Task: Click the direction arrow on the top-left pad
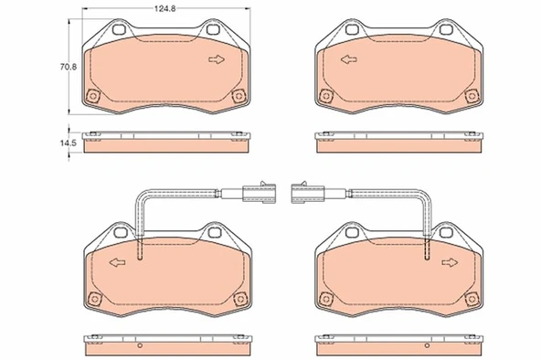217,60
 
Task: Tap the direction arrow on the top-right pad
348,60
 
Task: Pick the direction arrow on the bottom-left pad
117,263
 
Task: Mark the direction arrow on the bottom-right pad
449,263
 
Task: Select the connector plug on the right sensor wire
306,192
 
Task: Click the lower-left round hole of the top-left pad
90,98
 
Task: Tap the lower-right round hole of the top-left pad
239,97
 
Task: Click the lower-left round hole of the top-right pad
326,97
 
